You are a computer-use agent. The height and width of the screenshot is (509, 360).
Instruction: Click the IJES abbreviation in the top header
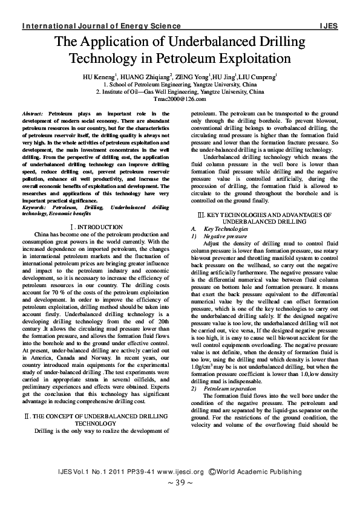pyautogui.click(x=329, y=27)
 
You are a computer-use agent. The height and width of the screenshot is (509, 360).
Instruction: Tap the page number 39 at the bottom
pyautogui.click(x=180, y=483)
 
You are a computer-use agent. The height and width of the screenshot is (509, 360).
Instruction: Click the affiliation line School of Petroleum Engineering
pyautogui.click(x=180, y=86)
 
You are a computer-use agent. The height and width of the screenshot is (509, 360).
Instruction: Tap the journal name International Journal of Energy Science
pyautogui.click(x=101, y=27)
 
